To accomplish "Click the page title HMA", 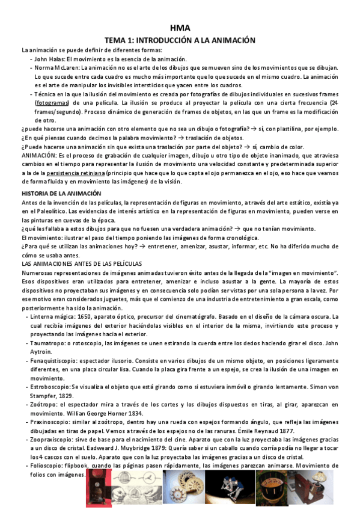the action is click(x=179, y=28).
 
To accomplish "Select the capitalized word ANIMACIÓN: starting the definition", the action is click(x=40, y=155).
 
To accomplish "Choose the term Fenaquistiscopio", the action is click(x=59, y=360).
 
